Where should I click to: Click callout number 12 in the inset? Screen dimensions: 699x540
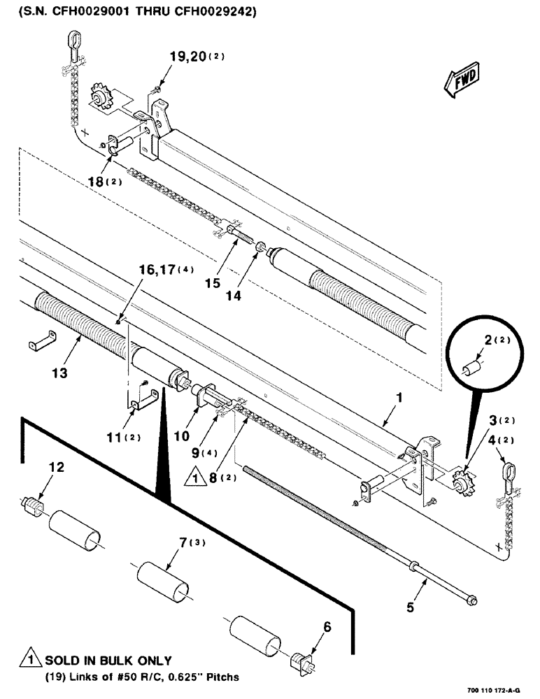coord(57,467)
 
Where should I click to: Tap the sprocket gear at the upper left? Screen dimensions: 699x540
coord(104,95)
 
